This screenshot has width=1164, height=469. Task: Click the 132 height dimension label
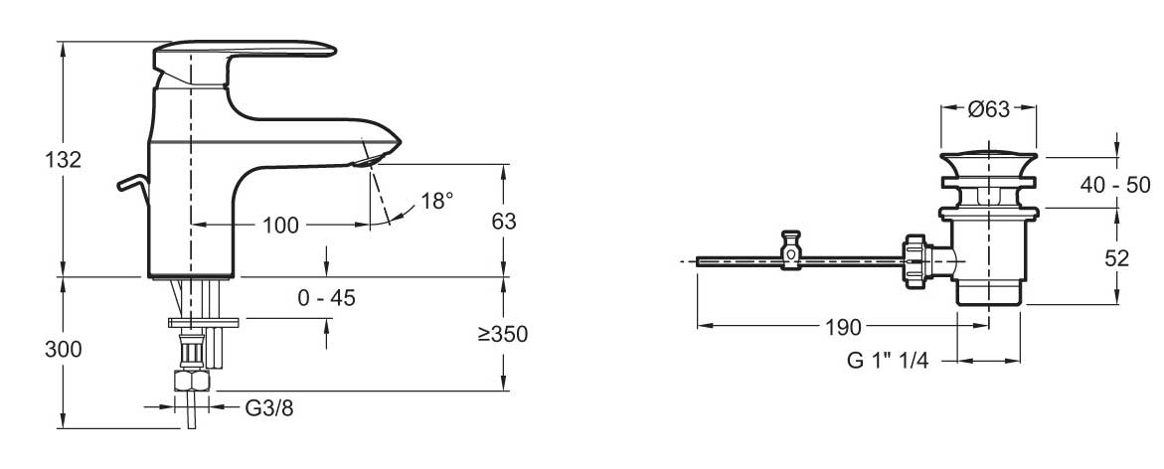tap(63, 160)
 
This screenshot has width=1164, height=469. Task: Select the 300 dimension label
tap(63, 350)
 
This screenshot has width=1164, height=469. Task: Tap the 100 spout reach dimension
tap(280, 225)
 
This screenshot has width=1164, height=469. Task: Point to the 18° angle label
tap(436, 201)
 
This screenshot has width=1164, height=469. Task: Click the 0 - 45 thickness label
tap(326, 298)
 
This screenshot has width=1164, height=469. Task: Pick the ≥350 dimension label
tap(503, 335)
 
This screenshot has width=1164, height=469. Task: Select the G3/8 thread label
tap(268, 407)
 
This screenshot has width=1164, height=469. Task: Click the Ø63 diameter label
tap(989, 109)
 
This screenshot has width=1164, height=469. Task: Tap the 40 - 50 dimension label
tap(1116, 185)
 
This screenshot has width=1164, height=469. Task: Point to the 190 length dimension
tap(842, 327)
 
